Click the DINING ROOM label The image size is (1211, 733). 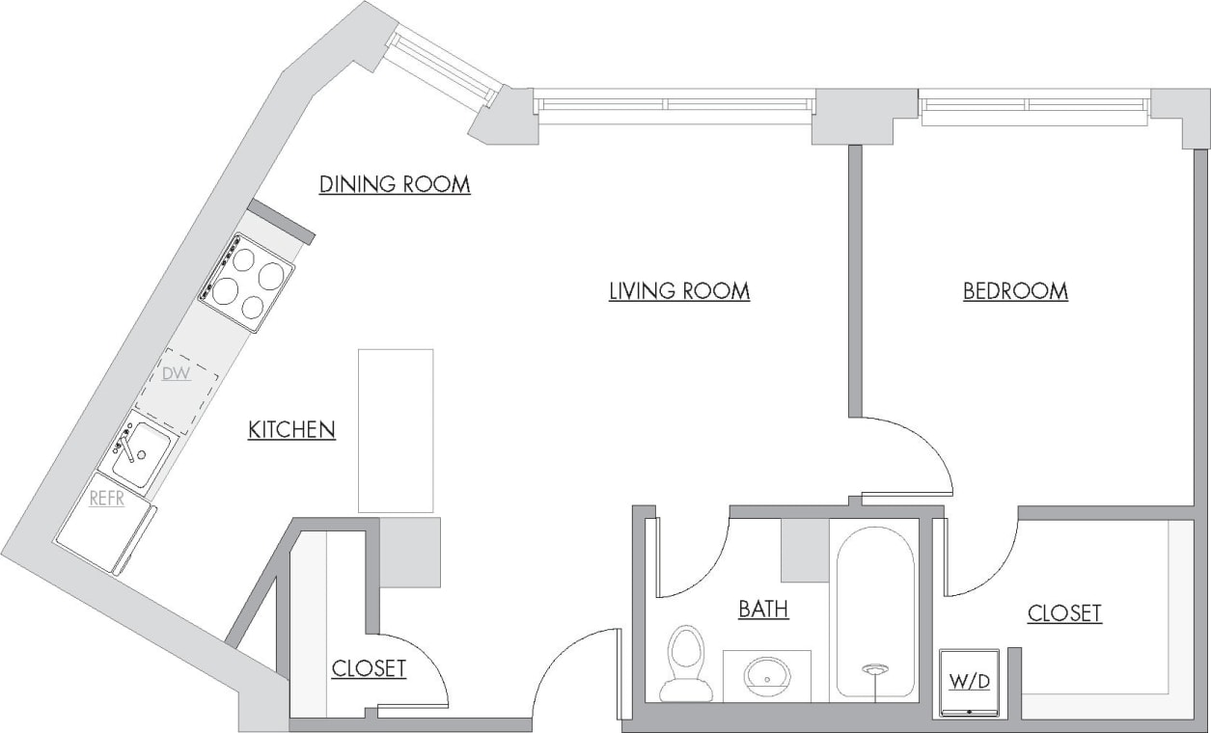pos(395,184)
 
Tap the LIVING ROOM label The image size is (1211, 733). pos(678,290)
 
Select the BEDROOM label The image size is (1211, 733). pos(1015,290)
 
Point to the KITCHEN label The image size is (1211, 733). pos(291,430)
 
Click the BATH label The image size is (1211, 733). pos(762,609)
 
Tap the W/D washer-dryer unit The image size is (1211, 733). pos(969,683)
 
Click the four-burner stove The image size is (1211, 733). pos(247,283)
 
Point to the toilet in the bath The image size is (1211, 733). pos(686,664)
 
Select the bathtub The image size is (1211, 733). pos(874,612)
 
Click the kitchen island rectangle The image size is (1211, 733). pos(396,430)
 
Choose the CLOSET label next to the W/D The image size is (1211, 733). pos(1063,612)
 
